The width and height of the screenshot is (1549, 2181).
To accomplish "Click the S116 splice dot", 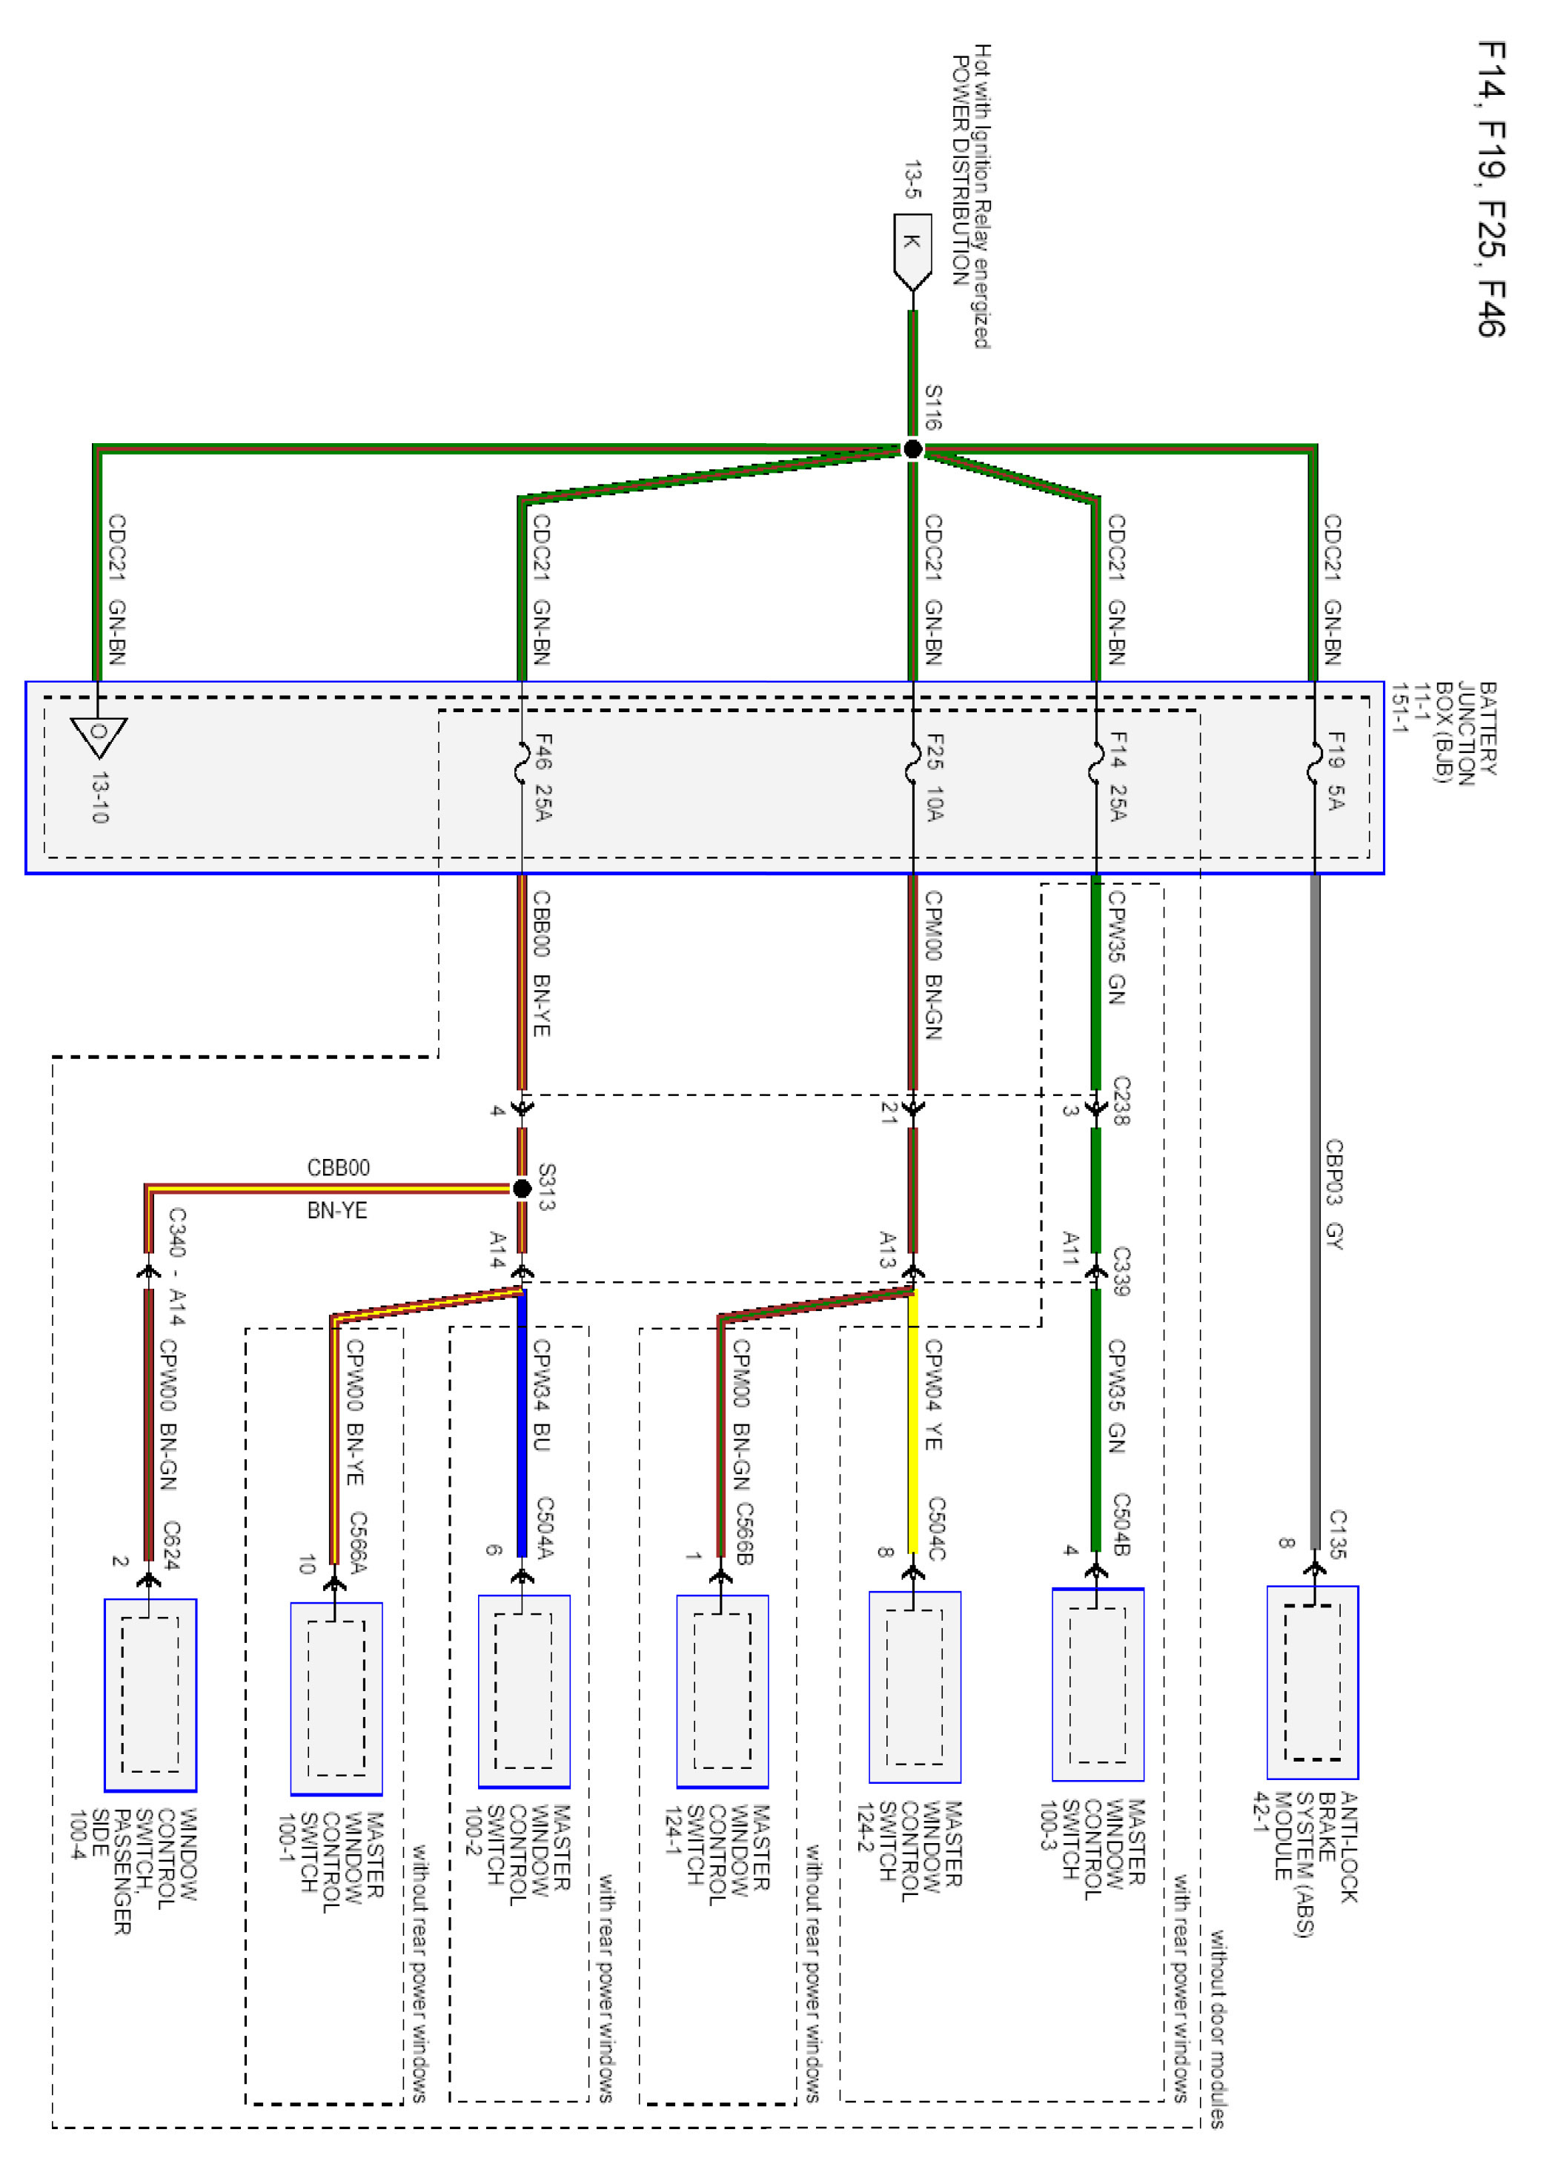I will click(x=913, y=449).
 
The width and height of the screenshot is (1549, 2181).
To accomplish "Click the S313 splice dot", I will click(x=522, y=1188).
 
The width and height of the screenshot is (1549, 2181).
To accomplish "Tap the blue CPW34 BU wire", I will click(x=522, y=1421).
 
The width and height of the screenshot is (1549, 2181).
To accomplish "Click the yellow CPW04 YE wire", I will click(x=913, y=1421).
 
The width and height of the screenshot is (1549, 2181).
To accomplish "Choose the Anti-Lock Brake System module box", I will click(x=1313, y=1682).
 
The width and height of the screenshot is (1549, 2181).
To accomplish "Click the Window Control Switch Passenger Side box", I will click(x=150, y=1695).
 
